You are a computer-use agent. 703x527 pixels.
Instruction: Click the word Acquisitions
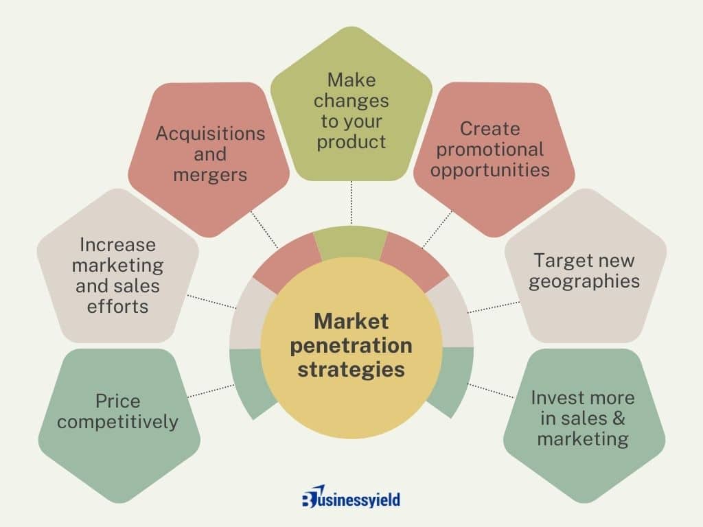[210, 134]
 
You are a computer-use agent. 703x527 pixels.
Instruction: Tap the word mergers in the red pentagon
[210, 175]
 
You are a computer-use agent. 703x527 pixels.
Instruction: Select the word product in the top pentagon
[351, 142]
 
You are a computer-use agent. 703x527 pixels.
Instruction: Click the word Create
[490, 129]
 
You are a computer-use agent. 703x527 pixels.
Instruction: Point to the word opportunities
[490, 170]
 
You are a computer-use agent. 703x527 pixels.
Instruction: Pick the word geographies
[584, 282]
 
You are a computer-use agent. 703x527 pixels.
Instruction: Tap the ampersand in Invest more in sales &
[619, 418]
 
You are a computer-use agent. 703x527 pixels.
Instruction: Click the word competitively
[117, 422]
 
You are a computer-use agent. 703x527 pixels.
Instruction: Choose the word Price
[117, 401]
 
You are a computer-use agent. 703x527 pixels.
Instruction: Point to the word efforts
[117, 307]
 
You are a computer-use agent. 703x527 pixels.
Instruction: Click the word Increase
[117, 245]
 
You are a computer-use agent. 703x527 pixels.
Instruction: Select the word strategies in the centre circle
[351, 370]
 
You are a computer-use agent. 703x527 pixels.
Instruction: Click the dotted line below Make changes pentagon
[351, 202]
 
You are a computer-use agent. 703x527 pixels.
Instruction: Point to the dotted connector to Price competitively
[211, 390]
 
